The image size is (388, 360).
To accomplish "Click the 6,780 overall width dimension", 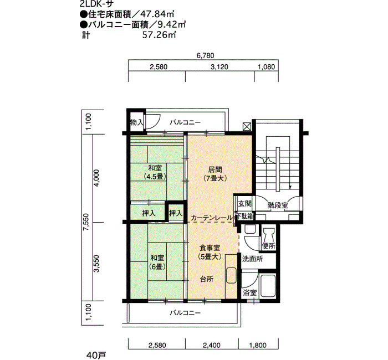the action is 205,55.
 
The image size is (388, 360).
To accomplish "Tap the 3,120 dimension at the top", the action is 219,67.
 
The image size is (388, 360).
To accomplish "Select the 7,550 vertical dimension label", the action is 85,222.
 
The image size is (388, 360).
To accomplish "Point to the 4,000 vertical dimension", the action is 96,178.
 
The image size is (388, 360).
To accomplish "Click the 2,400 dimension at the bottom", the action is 212,345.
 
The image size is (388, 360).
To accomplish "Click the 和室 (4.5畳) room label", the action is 155,172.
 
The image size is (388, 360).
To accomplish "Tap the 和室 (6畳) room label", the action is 157,262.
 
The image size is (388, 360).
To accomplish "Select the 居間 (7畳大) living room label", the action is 215,174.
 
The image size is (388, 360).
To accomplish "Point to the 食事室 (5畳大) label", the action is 210,252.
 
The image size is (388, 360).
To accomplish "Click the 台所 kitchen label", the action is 207,279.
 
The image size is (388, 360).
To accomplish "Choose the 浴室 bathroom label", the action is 249,293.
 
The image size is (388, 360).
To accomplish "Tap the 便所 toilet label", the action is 269,246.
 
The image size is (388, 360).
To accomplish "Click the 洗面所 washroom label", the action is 252,259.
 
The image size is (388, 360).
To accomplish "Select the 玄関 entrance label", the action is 245,203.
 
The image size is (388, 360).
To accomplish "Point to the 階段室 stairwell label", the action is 278,205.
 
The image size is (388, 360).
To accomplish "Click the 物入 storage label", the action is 136,122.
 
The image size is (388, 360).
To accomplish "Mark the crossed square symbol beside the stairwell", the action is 247,126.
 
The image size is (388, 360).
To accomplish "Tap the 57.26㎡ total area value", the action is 159,35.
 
